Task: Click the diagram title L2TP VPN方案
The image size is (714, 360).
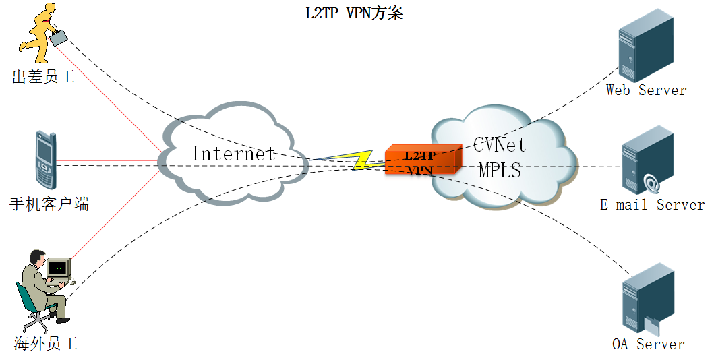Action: coord(354,13)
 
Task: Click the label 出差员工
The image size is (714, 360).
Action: coord(43,77)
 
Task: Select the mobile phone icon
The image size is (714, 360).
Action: coord(45,161)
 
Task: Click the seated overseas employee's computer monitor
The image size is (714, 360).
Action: coord(59,269)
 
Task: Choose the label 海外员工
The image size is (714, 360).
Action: coord(46,344)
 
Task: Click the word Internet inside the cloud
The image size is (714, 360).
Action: coord(233,154)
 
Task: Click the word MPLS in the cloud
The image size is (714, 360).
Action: coord(500,170)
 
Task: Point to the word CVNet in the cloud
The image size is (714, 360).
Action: coord(500,144)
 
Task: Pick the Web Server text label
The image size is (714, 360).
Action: coord(646,90)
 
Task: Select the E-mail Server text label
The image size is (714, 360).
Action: coord(652,204)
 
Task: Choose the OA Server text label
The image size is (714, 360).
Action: coord(648,344)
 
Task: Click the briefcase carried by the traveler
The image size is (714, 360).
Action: coord(59,36)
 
